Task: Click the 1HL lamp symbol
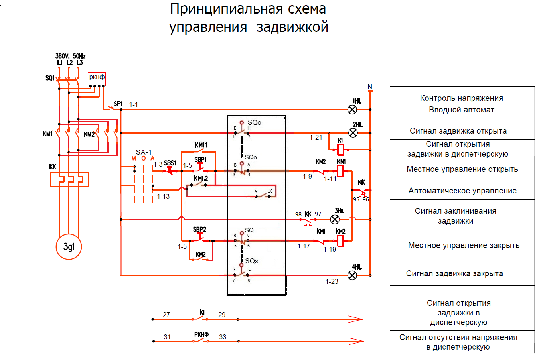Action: [x=352, y=110]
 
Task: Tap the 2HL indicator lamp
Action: [x=353, y=133]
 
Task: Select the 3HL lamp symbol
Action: [x=335, y=219]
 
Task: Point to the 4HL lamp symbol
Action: [x=352, y=275]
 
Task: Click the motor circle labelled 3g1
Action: [x=69, y=246]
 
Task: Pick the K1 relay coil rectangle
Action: [x=341, y=150]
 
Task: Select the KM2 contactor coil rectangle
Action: [x=341, y=240]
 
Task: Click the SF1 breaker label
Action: [x=118, y=104]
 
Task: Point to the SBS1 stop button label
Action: [x=170, y=163]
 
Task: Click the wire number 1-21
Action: [x=316, y=138]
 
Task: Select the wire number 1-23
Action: [x=332, y=281]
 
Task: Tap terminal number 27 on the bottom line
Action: [x=166, y=315]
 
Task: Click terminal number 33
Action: [x=223, y=337]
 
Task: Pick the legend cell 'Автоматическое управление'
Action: [x=462, y=191]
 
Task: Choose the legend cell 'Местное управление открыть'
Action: [x=462, y=169]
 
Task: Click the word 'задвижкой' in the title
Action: [x=292, y=27]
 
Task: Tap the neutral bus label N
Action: [x=370, y=87]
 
